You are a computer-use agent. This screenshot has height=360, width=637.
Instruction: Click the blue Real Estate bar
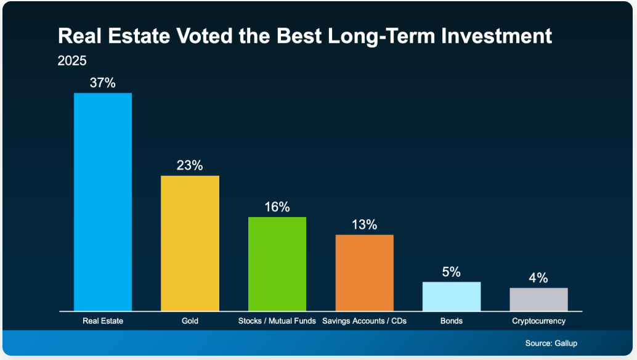click(x=103, y=202)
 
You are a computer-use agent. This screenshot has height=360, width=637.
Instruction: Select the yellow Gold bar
click(x=190, y=243)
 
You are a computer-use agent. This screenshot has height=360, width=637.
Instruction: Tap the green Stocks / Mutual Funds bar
click(x=277, y=263)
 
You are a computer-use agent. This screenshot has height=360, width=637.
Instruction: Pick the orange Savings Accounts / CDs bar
click(x=364, y=272)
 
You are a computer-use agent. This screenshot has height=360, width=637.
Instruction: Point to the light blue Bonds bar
click(x=452, y=296)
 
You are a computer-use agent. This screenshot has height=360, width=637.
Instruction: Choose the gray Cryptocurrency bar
click(x=538, y=299)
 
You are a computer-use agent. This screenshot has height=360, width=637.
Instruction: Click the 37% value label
click(x=103, y=83)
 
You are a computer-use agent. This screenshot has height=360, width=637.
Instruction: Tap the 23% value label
click(x=190, y=166)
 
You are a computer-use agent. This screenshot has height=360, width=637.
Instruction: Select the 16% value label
click(x=277, y=207)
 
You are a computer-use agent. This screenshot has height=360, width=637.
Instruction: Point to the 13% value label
click(x=364, y=225)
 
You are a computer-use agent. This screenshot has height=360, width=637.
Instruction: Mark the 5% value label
click(x=452, y=272)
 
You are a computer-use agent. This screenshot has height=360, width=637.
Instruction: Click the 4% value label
click(x=538, y=278)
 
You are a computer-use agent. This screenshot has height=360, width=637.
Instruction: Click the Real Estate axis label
click(x=103, y=321)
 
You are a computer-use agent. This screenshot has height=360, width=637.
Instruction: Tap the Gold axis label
click(x=190, y=321)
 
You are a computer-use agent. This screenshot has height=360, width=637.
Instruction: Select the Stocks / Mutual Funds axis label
click(x=277, y=321)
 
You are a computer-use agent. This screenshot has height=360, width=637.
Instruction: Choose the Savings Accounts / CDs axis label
click(x=364, y=321)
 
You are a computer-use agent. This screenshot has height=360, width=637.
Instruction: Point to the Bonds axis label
click(x=452, y=321)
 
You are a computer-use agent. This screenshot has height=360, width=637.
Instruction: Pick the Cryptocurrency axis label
click(x=538, y=321)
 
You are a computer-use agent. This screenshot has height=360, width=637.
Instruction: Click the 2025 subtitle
click(x=72, y=61)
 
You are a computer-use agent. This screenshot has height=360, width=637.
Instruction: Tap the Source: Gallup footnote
click(x=551, y=343)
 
